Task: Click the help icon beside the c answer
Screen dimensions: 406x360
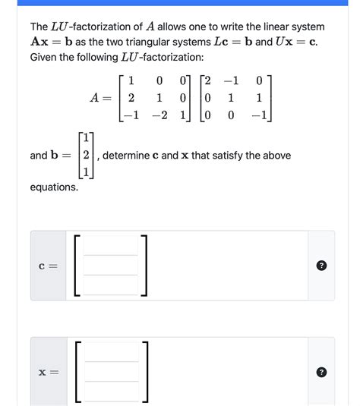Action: (321, 266)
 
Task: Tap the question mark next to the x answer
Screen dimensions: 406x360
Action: (321, 373)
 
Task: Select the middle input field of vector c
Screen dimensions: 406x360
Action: (111, 265)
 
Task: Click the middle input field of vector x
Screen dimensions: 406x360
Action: (111, 372)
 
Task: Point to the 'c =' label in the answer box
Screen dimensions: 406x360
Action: (47, 266)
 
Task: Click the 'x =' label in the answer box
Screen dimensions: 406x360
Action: (47, 373)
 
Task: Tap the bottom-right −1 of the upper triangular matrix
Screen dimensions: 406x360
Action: (259, 115)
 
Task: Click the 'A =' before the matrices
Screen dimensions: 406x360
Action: (100, 97)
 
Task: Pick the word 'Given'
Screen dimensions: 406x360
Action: (44, 57)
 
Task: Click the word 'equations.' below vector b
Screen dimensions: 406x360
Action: (53, 187)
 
